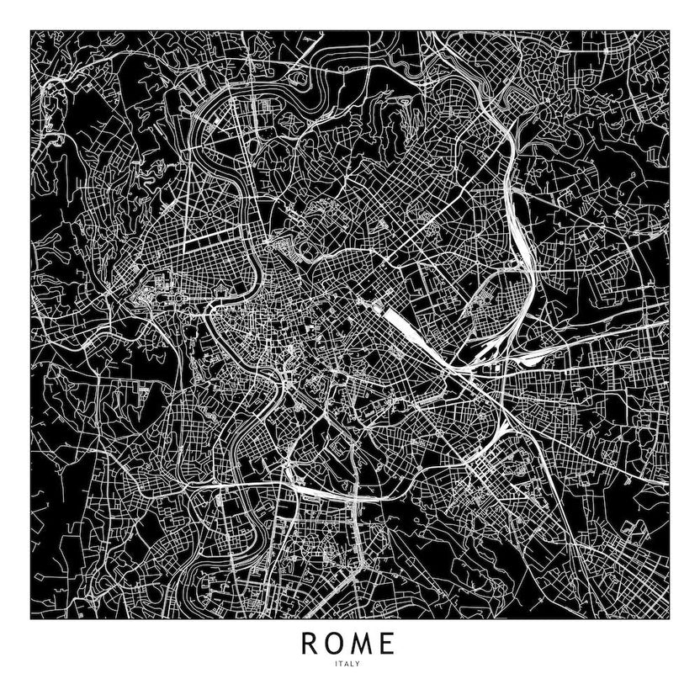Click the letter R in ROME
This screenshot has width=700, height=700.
tap(309, 644)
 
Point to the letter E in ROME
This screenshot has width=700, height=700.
tap(388, 644)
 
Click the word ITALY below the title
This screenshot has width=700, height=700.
tap(348, 665)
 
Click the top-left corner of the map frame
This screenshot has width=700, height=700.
tap(31, 31)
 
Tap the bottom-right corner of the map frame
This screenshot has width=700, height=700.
tap(669, 619)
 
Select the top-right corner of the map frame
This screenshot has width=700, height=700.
tap(669, 31)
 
